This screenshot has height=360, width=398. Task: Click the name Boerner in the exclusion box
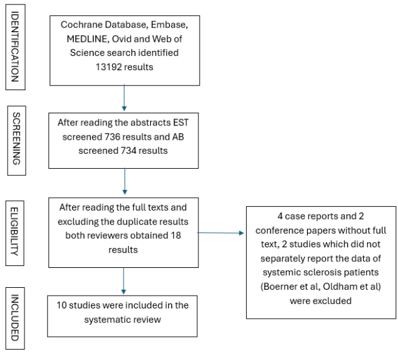283,286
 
